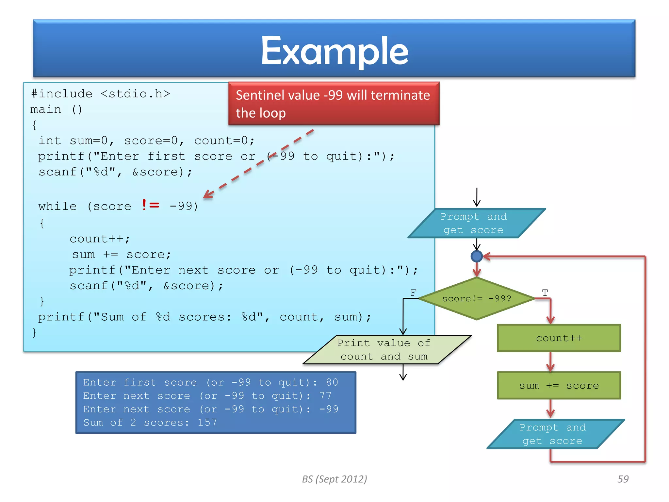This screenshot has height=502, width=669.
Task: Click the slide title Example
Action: (x=334, y=51)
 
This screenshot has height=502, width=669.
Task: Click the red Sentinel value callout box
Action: (x=333, y=104)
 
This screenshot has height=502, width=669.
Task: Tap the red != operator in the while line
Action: (x=151, y=205)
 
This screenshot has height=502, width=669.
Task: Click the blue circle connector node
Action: (x=477, y=256)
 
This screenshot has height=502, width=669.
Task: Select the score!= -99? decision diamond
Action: (x=477, y=298)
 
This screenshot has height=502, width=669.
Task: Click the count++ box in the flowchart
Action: (x=559, y=338)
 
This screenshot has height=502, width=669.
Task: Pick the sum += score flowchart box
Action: (x=559, y=386)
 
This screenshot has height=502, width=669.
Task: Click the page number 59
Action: (x=623, y=479)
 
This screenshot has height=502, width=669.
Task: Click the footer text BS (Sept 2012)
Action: (x=334, y=479)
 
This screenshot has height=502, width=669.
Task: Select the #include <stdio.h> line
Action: (x=101, y=94)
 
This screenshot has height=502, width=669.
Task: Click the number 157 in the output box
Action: (x=207, y=422)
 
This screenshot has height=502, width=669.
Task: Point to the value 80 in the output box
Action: (x=332, y=382)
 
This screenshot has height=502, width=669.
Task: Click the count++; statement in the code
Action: (x=100, y=239)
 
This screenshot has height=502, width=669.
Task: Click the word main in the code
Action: (x=46, y=109)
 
